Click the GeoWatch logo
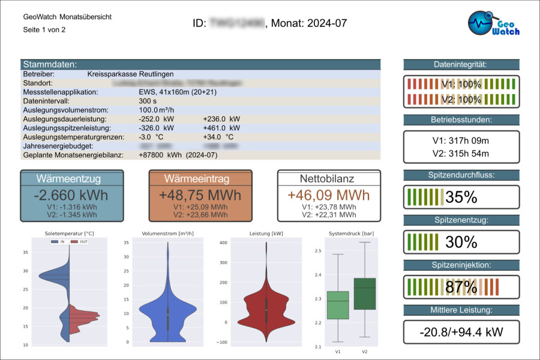(494, 24)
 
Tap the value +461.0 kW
(221, 128)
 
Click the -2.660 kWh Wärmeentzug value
(71, 195)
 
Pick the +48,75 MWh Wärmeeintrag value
(200, 195)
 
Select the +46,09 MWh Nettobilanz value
(329, 195)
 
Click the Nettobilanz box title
(329, 179)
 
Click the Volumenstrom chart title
(167, 233)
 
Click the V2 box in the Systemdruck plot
(365, 293)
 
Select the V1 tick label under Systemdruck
(338, 351)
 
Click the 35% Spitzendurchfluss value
(461, 197)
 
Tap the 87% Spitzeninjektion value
(461, 287)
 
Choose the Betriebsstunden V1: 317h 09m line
(461, 141)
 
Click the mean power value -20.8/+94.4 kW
(461, 331)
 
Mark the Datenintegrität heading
(461, 65)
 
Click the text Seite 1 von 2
(44, 29)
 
